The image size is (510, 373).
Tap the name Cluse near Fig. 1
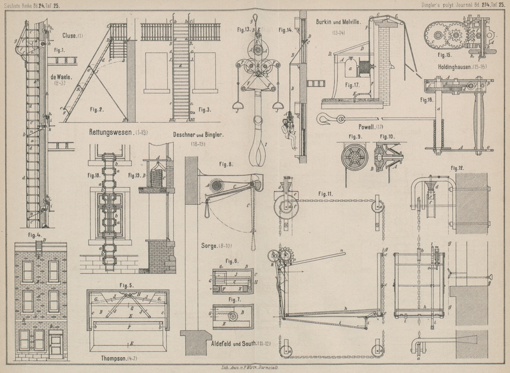point(72,36)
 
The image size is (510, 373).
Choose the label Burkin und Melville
point(339,22)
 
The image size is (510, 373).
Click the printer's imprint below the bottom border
point(255,368)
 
